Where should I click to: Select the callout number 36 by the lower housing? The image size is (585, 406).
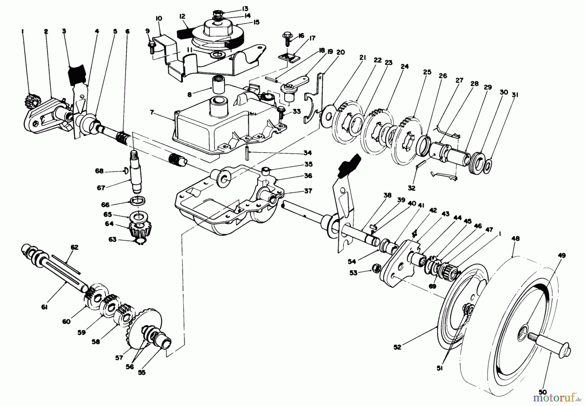pyautogui.click(x=308, y=176)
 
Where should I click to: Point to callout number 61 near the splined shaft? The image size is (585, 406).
pyautogui.click(x=44, y=307)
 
